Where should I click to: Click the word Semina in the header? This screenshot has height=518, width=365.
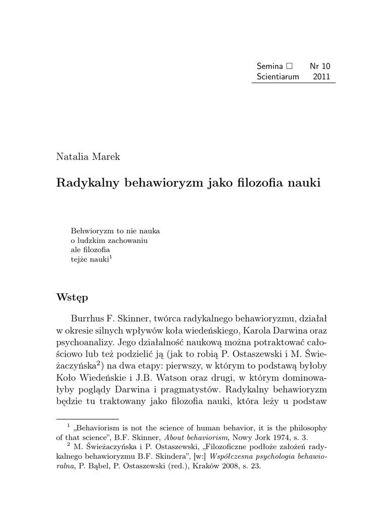270,66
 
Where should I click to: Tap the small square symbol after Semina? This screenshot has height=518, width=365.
289,66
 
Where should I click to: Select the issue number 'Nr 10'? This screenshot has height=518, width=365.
320,66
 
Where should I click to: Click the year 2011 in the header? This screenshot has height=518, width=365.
322,76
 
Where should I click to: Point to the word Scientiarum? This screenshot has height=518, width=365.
278,76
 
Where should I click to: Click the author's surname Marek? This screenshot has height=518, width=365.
106,156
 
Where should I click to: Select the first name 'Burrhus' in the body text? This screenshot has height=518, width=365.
87,320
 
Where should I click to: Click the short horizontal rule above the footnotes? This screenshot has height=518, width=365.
87,419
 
